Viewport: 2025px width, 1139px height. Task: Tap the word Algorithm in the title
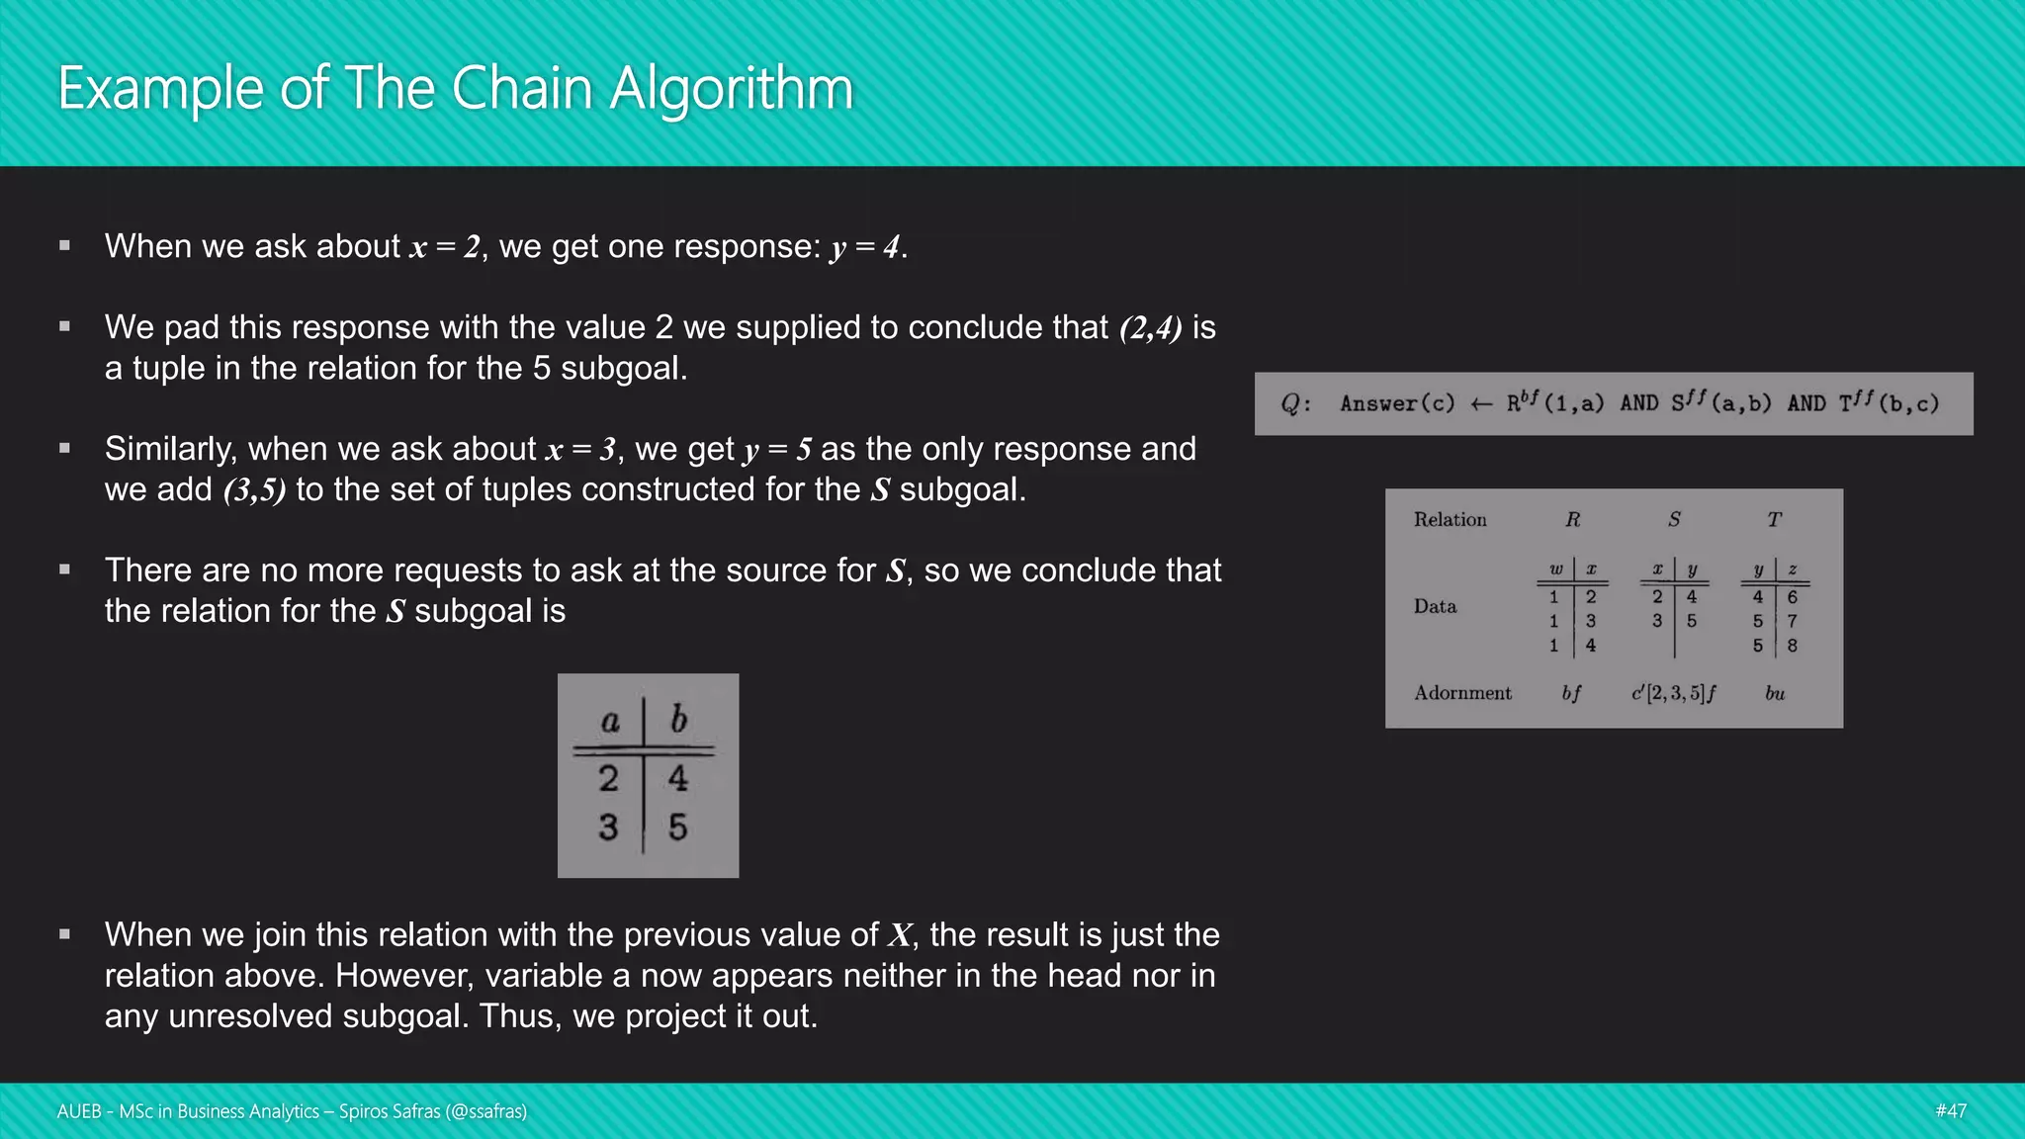click(x=731, y=90)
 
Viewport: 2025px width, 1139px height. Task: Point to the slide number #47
click(x=1950, y=1110)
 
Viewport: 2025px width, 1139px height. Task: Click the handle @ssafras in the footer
click(x=485, y=1111)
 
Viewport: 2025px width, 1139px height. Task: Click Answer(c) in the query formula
click(x=1397, y=403)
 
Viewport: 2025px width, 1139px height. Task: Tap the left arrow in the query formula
click(x=1480, y=403)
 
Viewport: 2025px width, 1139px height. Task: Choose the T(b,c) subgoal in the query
click(x=1889, y=402)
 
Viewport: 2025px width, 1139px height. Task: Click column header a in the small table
click(x=610, y=721)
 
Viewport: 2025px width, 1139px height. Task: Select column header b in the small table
click(x=678, y=719)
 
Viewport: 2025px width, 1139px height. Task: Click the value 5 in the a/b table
click(x=677, y=827)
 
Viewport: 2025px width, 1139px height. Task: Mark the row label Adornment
click(x=1462, y=693)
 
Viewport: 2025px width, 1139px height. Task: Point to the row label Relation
click(x=1450, y=520)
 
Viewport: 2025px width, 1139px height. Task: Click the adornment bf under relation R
click(x=1571, y=693)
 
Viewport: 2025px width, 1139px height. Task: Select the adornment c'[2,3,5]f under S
click(x=1673, y=693)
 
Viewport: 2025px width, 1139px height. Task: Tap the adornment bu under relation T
click(x=1775, y=693)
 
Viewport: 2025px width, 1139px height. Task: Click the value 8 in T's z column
click(x=1792, y=646)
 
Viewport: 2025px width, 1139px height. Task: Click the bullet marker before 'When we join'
click(x=64, y=934)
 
